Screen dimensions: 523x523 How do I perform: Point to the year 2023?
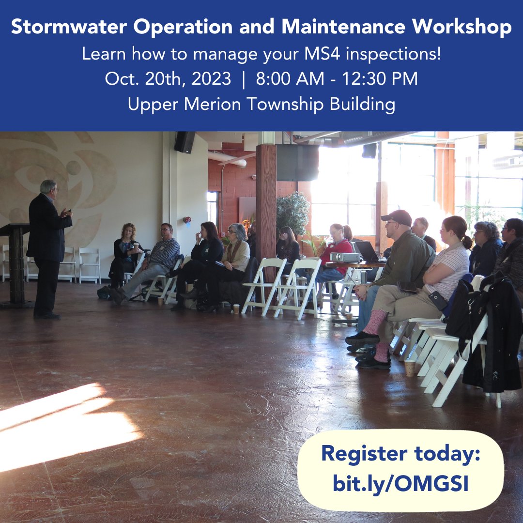click(x=212, y=78)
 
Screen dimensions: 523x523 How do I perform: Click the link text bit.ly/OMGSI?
click(x=400, y=483)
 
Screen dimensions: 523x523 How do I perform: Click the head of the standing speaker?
click(x=48, y=188)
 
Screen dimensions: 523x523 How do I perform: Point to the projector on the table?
click(x=345, y=257)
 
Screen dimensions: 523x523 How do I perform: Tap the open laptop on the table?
click(x=367, y=251)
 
